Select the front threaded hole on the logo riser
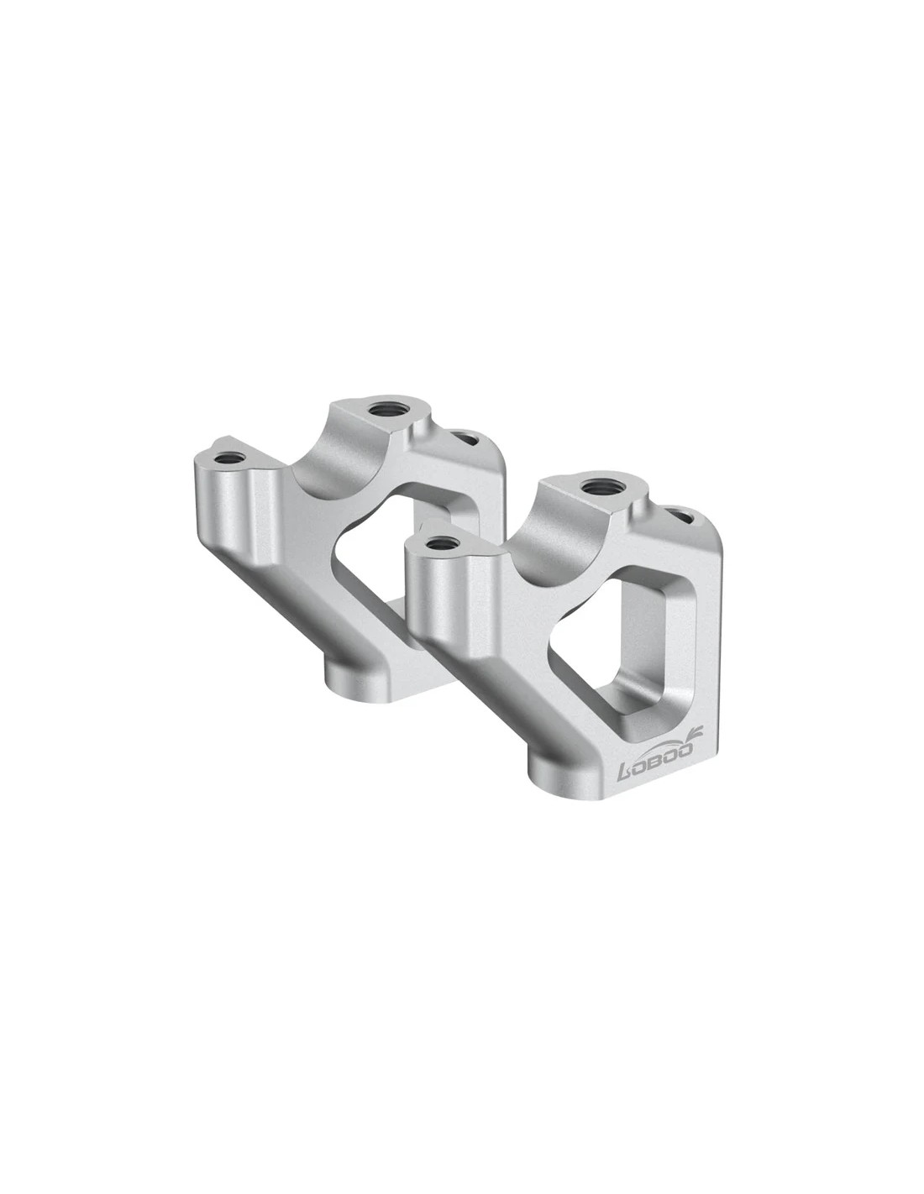440,543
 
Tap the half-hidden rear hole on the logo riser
680,516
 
